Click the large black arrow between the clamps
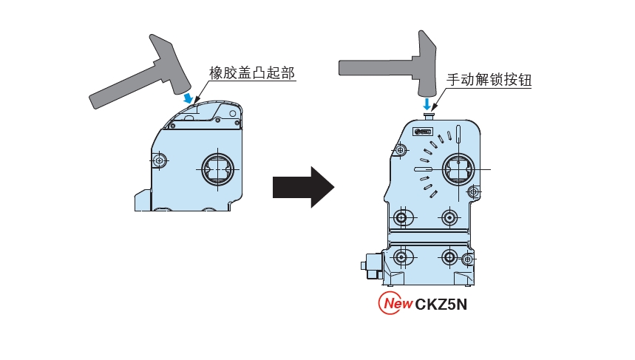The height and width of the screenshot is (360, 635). click(x=303, y=187)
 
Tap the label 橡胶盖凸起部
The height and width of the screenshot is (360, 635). click(x=252, y=72)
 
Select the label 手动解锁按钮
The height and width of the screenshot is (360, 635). click(x=489, y=80)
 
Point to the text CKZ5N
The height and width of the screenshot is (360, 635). click(x=441, y=304)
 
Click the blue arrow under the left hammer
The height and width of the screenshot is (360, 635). click(x=190, y=98)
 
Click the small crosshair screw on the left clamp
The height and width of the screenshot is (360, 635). click(x=160, y=160)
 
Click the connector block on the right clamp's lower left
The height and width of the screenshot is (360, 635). click(x=370, y=265)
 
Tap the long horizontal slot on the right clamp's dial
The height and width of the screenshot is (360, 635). click(x=422, y=169)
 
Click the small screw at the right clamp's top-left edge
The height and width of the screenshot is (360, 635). click(x=400, y=150)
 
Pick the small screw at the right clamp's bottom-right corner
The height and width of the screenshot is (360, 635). click(x=466, y=259)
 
